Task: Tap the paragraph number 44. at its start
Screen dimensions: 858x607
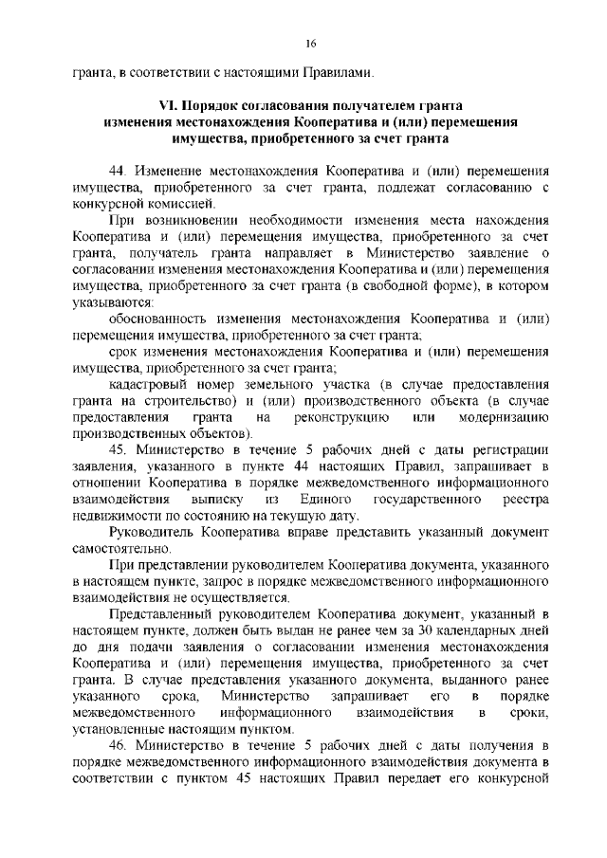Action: pos(118,172)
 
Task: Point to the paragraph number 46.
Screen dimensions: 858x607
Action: pos(118,745)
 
